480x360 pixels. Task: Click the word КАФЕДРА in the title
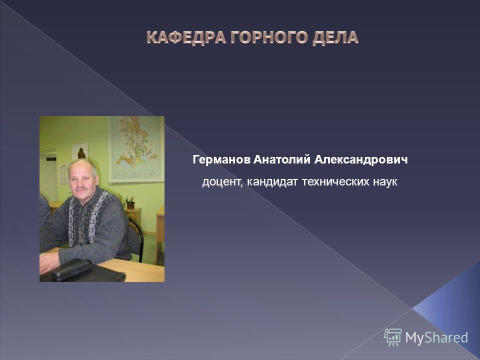186,37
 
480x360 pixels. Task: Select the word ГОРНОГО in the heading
269,37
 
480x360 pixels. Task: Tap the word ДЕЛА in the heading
335,37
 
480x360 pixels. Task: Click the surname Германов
221,160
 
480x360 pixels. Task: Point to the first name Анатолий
282,159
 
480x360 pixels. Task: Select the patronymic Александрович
361,160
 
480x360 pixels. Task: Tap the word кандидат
272,181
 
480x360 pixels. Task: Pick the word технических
335,181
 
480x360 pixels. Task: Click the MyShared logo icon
393,337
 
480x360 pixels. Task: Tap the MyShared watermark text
436,337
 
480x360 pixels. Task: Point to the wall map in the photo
136,149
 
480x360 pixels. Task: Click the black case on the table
71,269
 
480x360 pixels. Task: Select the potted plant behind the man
130,202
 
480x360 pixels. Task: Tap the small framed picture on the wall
80,152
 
